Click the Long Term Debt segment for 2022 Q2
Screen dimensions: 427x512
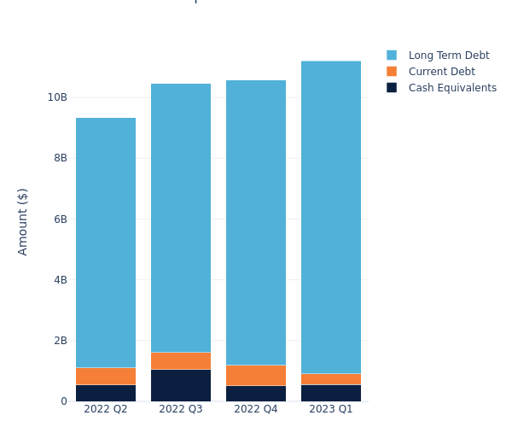coord(106,243)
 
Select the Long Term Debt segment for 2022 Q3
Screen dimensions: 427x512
coord(181,218)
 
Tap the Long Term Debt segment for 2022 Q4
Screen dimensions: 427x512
coord(256,222)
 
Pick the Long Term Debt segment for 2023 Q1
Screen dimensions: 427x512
coord(331,217)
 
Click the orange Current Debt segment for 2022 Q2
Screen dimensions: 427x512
coord(106,376)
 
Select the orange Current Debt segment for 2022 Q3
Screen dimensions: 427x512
coord(181,360)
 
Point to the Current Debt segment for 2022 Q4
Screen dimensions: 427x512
coord(256,375)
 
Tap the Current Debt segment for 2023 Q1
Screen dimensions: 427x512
coord(331,379)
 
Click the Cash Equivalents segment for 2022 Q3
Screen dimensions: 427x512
coord(181,385)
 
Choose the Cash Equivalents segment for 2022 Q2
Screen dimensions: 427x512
coord(106,393)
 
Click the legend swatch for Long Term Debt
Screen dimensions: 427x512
coord(392,56)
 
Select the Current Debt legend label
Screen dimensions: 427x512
coord(441,72)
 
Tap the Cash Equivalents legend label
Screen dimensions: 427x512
coord(452,88)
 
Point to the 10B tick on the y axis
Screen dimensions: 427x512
coord(57,97)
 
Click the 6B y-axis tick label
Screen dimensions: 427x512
coord(60,219)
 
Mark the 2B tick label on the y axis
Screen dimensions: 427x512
coord(60,341)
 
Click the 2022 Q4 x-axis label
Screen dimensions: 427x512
coord(256,409)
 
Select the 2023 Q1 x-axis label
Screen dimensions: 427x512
coord(331,409)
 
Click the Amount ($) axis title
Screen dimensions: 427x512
coord(23,221)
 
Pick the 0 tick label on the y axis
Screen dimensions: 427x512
coord(63,401)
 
